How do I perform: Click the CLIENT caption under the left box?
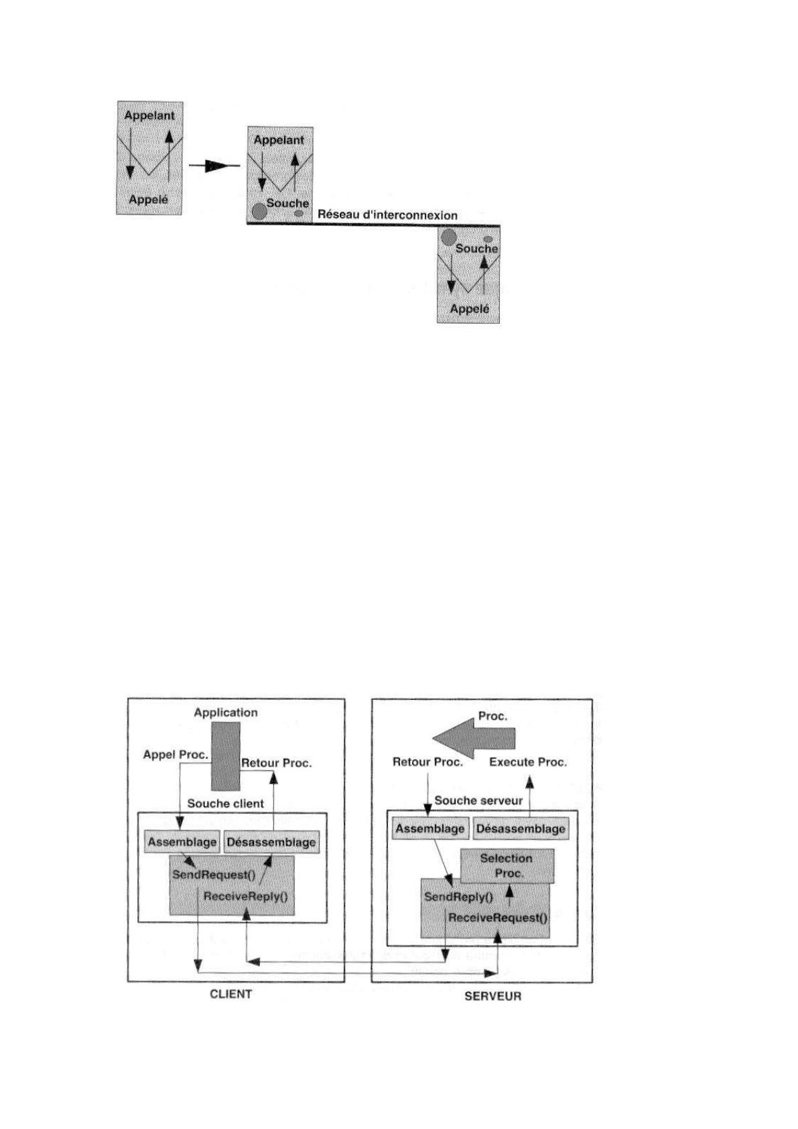coord(231,994)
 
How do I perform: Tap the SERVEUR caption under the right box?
coord(492,996)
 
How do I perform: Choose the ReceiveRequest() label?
coord(498,917)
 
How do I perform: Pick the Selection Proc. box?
coord(507,866)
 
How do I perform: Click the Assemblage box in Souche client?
coord(182,842)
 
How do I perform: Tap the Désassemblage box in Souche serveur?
coord(521,829)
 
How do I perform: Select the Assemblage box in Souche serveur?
coord(429,829)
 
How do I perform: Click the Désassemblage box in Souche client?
coord(271,842)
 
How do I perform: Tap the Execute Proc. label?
coord(528,762)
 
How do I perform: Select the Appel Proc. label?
coord(176,755)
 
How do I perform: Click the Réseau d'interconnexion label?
coord(387,215)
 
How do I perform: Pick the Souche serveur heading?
coord(478,800)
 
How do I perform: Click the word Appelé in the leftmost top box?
coord(149,199)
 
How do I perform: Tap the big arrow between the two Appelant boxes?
coord(214,166)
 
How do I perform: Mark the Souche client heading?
coord(226,803)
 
